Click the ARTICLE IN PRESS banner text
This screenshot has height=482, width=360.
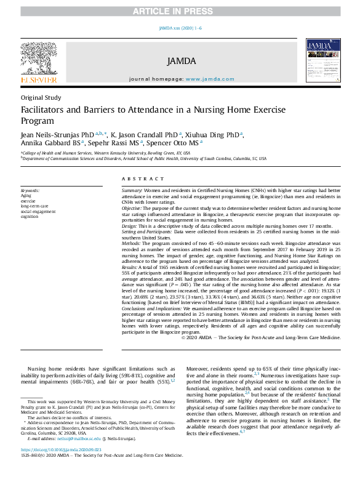[x=180, y=10]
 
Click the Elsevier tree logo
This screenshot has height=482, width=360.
[x=39, y=60]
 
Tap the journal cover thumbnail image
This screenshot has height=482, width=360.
[x=322, y=61]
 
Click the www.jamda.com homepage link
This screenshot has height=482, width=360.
[x=209, y=79]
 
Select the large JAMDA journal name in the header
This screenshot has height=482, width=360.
[x=180, y=61]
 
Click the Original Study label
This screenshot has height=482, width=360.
[x=41, y=97]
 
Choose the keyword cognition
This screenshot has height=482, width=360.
[x=29, y=216]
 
